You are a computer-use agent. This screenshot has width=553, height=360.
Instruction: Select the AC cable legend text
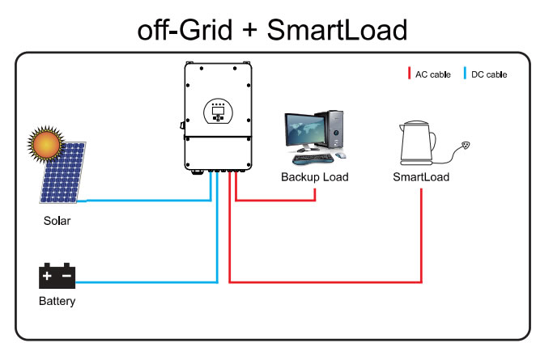coord(432,74)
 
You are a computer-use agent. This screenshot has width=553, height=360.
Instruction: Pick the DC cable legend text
coord(489,74)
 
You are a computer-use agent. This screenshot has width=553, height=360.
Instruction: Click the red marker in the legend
coord(410,74)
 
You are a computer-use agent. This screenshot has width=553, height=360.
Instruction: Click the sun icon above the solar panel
coord(45,145)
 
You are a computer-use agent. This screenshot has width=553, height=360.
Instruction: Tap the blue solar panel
coord(65,175)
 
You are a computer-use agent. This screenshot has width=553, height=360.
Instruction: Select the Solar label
coord(57,220)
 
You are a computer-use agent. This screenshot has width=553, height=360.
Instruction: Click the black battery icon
coord(57,277)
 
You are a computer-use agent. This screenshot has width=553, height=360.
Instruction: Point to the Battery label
coord(57,302)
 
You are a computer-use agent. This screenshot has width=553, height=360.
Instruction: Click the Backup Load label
coord(314,176)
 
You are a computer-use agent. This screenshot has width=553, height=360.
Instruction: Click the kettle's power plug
coord(465,147)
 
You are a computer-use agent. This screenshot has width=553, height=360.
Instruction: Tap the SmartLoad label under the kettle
coord(420,176)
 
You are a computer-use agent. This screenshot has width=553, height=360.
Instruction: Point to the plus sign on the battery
coord(48,277)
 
